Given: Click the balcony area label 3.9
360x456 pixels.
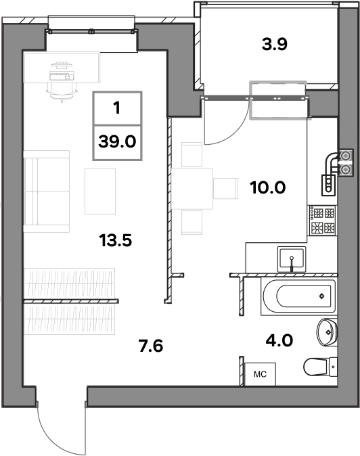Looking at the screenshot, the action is point(275,44).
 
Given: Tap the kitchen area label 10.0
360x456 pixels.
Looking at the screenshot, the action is point(267,187).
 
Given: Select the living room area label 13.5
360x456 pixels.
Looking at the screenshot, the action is point(116,240).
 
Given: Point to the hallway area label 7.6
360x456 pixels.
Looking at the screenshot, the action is point(151,346).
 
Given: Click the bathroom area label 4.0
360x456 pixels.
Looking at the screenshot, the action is point(279,340).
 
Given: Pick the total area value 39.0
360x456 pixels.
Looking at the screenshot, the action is point(117,142).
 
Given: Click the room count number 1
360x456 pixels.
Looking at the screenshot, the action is point(117,108).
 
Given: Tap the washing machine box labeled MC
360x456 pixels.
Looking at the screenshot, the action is point(260,374).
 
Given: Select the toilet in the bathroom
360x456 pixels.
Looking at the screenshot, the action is point(321,367).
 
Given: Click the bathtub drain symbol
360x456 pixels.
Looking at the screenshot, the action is point(321,296).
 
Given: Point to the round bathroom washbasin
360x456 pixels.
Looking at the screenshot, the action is point(327,332).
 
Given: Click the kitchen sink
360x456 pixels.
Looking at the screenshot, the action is point(292,259).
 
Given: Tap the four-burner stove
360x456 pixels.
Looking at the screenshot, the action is point(322,221).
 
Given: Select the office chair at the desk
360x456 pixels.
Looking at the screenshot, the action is point(62,92).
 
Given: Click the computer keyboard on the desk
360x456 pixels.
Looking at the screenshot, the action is point(62,76).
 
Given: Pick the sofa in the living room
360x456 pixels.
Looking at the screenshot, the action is point(47,191).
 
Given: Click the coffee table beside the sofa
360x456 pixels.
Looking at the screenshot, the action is point(100,191).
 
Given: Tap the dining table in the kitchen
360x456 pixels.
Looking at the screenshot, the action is point(192,189).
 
